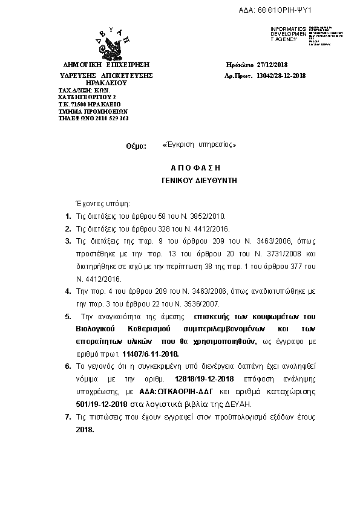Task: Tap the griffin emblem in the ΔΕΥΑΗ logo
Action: [x=110, y=45]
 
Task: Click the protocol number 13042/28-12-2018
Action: [x=281, y=76]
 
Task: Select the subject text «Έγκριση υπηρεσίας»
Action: [x=195, y=145]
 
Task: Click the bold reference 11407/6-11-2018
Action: [x=150, y=354]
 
